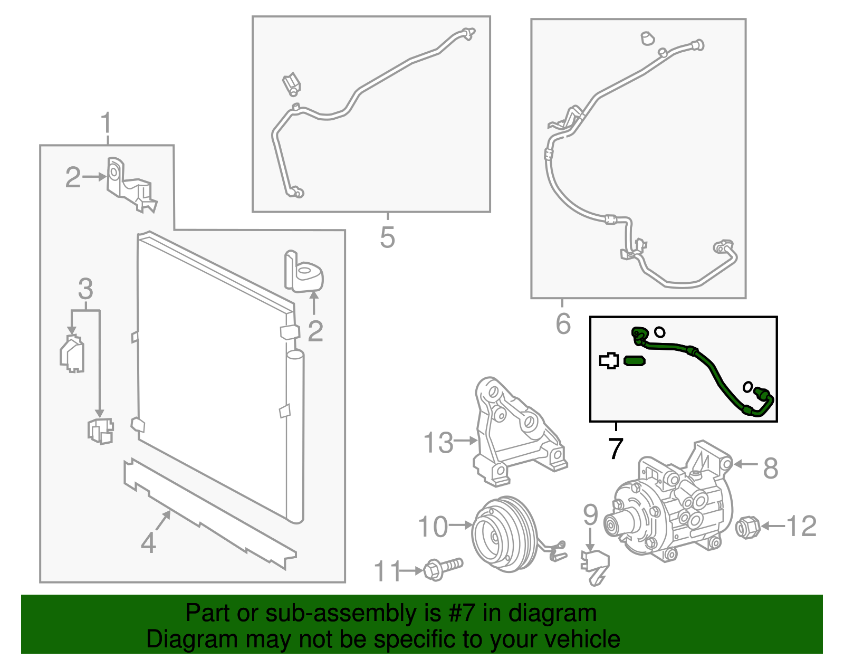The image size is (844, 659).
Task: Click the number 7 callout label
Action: click(615, 448)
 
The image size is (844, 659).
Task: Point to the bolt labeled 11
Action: click(442, 569)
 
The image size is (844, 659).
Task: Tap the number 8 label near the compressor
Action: click(771, 467)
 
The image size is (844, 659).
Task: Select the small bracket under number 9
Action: click(595, 566)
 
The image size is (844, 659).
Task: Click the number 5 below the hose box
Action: click(387, 237)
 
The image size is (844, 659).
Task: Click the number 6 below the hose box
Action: click(563, 323)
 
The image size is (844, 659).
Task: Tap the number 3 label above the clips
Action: click(85, 289)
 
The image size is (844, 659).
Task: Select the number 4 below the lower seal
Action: click(148, 542)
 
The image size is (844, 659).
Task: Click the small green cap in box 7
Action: click(634, 361)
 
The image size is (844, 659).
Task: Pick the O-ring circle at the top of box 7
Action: click(659, 332)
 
